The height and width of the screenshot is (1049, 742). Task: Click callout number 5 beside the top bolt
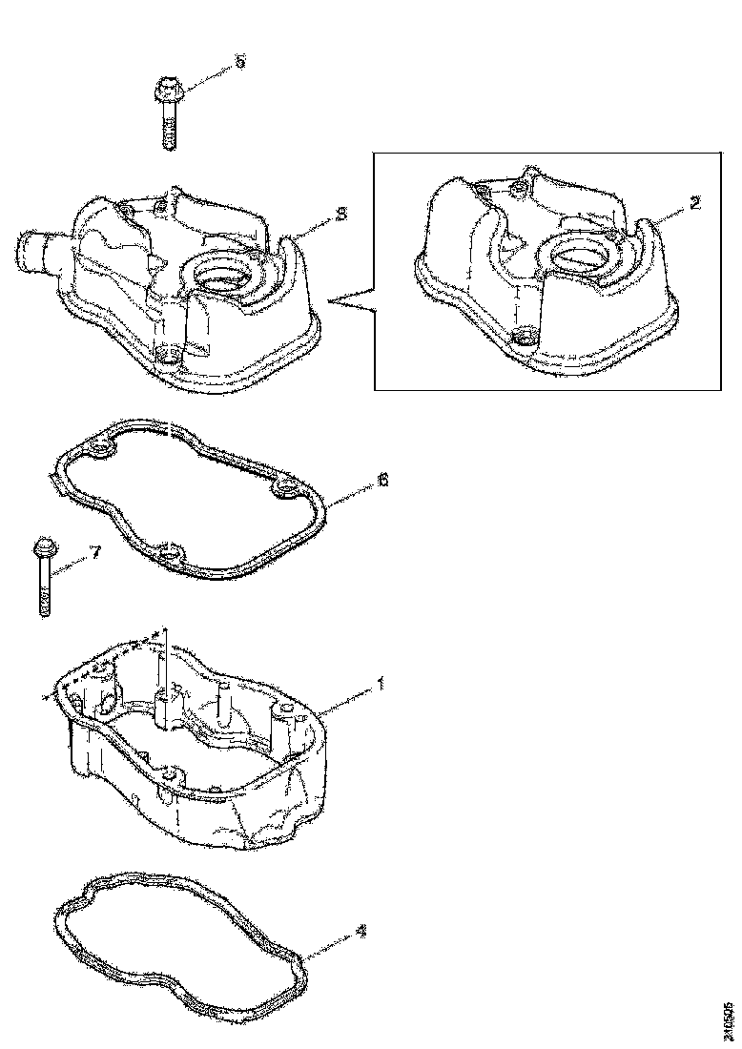coord(239,61)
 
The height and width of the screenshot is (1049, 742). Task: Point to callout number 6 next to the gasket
coord(383,480)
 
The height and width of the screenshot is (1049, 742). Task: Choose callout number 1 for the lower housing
coord(381,683)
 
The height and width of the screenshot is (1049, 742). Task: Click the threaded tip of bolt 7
coord(44,610)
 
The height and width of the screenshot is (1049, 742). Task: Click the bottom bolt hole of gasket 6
coord(170,553)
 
